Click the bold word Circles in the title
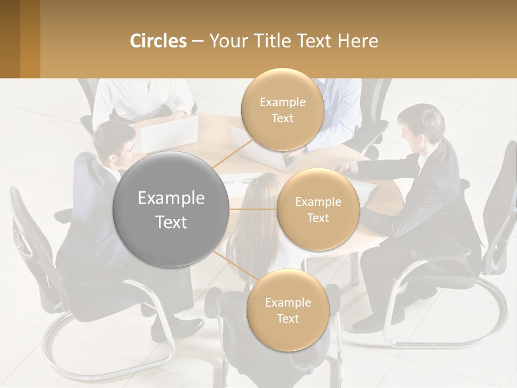(158, 41)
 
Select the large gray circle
(171, 210)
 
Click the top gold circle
(282, 110)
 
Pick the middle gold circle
(318, 210)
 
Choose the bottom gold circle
(288, 310)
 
